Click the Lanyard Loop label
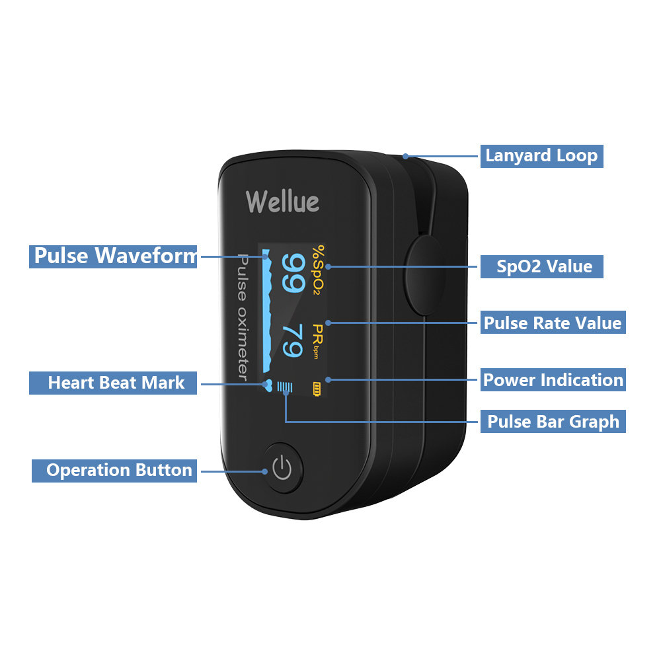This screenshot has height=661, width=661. tap(542, 156)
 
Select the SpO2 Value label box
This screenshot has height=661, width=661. tap(542, 266)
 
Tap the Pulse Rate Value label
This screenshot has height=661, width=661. tap(553, 323)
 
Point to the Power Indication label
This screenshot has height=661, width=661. tap(553, 380)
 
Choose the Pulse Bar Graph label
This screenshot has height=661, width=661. tap(553, 421)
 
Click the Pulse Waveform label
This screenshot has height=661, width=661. tap(113, 256)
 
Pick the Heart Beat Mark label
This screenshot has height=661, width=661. tap(113, 383)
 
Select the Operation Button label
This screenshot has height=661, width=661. tap(114, 471)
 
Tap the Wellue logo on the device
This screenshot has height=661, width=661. tap(282, 202)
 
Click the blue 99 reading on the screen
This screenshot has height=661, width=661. tap(293, 272)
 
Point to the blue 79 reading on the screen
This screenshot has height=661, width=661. tap(293, 340)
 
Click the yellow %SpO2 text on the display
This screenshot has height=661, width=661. tap(319, 270)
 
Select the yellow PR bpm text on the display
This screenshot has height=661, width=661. tap(317, 341)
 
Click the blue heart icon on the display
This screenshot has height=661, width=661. tap(268, 385)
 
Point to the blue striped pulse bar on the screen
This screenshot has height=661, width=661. tap(285, 387)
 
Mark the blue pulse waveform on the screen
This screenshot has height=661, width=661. tap(266, 311)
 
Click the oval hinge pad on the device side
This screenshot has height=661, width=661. tap(425, 276)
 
